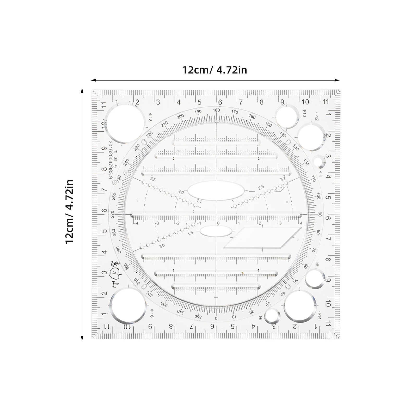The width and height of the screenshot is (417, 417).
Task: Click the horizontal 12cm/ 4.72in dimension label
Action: [x=214, y=70]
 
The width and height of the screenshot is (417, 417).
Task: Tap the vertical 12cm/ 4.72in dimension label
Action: [x=70, y=211]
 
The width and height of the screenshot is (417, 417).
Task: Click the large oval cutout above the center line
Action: [x=216, y=192]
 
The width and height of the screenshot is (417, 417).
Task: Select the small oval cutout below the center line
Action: [x=216, y=231]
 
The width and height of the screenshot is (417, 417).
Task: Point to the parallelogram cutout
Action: [x=263, y=237]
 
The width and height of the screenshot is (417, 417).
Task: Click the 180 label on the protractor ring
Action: [x=216, y=110]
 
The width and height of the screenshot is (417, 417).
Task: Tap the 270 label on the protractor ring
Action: [x=112, y=214]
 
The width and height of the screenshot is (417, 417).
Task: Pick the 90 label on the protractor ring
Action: [x=320, y=214]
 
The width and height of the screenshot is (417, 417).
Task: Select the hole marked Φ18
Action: [x=125, y=123]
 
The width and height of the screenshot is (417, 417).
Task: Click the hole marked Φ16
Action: [x=127, y=305]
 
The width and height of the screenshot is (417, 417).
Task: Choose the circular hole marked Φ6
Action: [x=272, y=316]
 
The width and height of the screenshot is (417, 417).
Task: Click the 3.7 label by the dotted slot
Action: [x=283, y=179]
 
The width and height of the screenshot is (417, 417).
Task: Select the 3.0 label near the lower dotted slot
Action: [x=162, y=246]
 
